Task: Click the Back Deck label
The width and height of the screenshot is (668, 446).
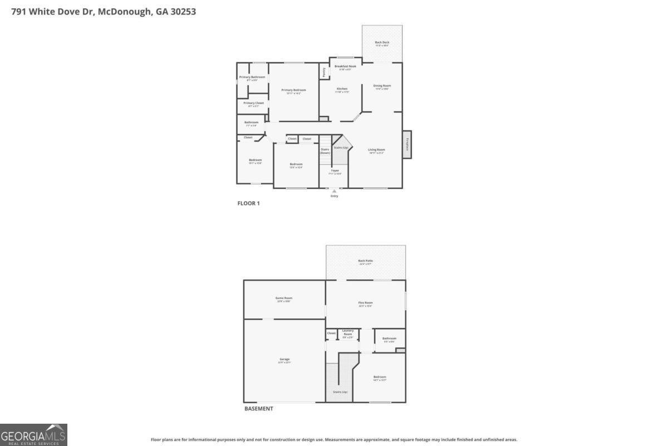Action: [x=382, y=43]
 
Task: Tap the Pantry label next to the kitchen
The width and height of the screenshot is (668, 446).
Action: [x=324, y=71]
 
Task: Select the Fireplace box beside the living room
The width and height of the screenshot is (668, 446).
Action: [x=407, y=144]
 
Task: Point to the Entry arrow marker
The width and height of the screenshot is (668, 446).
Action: [x=334, y=191]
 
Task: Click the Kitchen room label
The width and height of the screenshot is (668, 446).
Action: [x=342, y=89]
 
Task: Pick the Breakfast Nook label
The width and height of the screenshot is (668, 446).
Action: [x=345, y=66]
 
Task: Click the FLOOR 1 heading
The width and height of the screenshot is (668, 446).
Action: [x=248, y=203]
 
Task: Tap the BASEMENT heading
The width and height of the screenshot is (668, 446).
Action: [x=259, y=409]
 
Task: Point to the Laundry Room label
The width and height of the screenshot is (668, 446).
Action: [x=348, y=332]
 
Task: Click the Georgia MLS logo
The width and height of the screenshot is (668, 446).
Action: [x=33, y=434]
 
